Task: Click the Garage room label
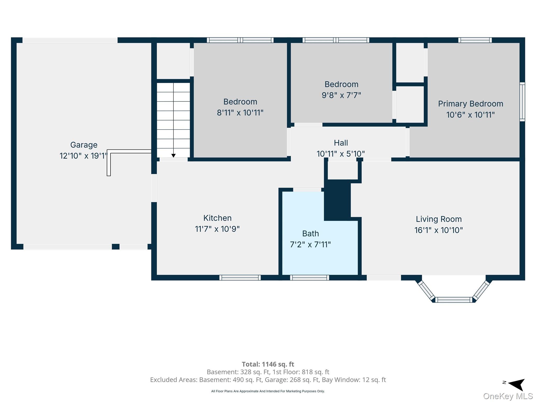click(84, 145)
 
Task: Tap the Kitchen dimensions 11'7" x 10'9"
click(217, 229)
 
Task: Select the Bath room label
click(310, 233)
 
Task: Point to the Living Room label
click(439, 219)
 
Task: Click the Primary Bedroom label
click(471, 104)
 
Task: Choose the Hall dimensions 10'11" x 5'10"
click(340, 154)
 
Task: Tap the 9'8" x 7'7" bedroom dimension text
click(341, 95)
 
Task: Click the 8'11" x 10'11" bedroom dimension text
click(240, 113)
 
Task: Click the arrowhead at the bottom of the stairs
click(173, 156)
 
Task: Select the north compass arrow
click(517, 384)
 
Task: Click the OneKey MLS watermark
click(508, 396)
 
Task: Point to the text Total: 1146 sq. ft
click(268, 364)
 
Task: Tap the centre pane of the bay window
click(454, 300)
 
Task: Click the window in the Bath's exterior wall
click(309, 278)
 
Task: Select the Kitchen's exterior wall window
click(240, 278)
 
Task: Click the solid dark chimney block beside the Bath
click(337, 200)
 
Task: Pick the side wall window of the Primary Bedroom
click(522, 102)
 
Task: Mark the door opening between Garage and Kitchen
click(154, 188)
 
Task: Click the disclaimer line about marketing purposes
click(268, 391)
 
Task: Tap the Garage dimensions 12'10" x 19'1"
click(84, 156)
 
